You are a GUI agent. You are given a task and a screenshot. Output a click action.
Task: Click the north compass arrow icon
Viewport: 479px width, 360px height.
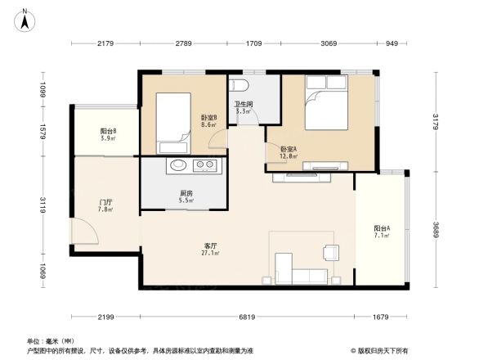25,19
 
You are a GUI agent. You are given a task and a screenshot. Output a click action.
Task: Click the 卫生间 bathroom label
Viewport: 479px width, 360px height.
243,106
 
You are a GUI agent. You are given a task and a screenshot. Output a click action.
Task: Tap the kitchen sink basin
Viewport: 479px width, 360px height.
178,166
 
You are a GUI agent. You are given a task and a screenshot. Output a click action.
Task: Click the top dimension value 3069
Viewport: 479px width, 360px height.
329,43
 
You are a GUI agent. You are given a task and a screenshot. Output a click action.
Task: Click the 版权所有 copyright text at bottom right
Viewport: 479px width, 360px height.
383,350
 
